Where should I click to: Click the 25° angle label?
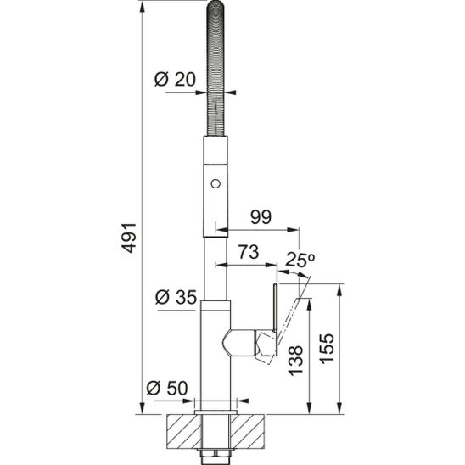298,259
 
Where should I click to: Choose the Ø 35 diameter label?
176,297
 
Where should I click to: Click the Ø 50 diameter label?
166,389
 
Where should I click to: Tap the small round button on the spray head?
216,182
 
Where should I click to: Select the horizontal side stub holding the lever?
242,343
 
